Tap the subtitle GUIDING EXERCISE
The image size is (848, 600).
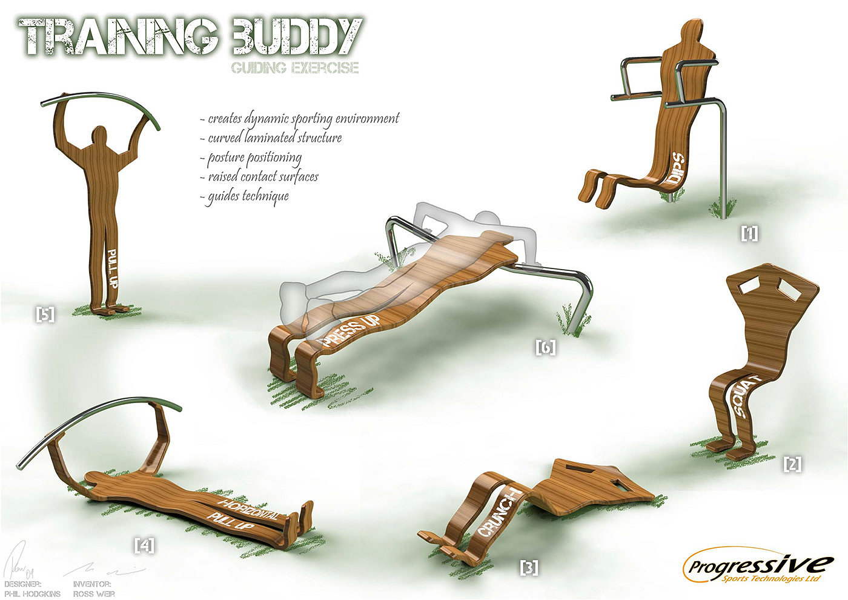point(294,67)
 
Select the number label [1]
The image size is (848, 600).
point(750,233)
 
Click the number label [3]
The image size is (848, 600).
point(529,567)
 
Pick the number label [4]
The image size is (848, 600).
point(144,545)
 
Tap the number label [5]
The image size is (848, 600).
point(45,314)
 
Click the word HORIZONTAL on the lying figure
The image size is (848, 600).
point(250,510)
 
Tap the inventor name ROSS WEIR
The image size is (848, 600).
point(94,593)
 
